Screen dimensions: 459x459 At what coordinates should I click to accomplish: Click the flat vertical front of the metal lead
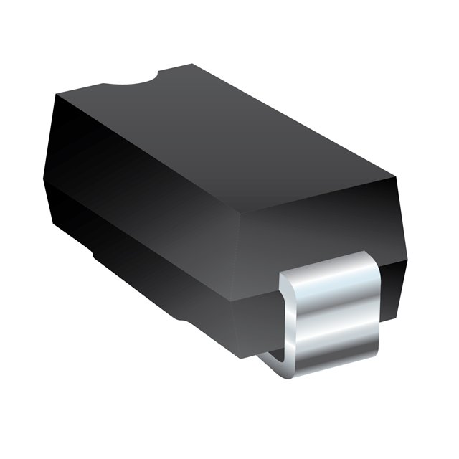tap(337, 316)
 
